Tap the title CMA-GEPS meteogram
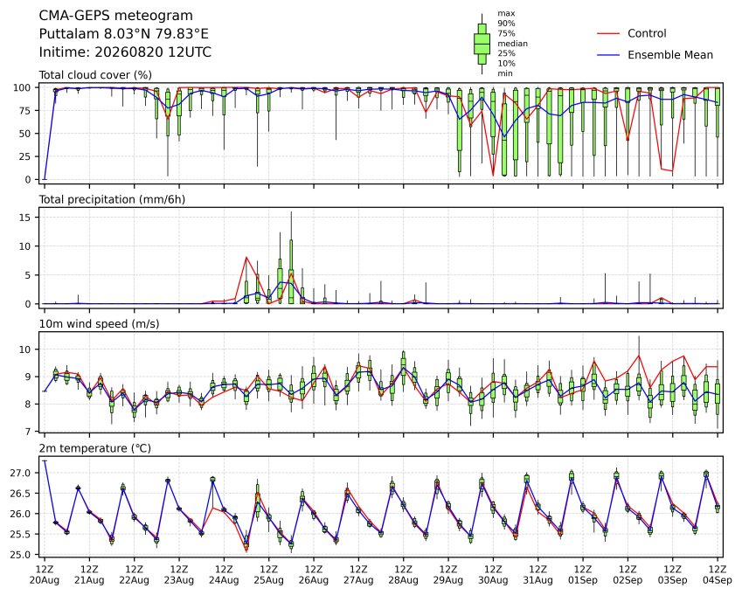click(116, 16)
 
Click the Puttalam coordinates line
click(123, 34)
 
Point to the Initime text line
click(125, 52)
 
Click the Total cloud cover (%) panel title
click(95, 75)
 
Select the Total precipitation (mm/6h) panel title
click(112, 199)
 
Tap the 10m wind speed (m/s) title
click(99, 324)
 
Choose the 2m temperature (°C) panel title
click(94, 448)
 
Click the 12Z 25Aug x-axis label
click(269, 574)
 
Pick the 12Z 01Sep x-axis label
click(583, 574)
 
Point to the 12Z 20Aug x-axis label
click(45, 574)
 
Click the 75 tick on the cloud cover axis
click(24, 111)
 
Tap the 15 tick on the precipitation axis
click(25, 218)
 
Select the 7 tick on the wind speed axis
click(28, 432)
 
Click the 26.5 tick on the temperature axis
click(20, 494)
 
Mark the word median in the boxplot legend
click(512, 44)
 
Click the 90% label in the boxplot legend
click(506, 24)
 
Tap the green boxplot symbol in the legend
click(482, 44)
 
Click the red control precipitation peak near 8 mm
click(246, 257)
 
